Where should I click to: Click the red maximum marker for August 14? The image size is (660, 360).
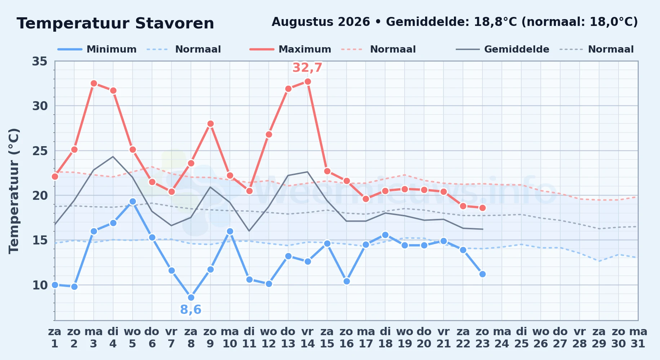click(308, 82)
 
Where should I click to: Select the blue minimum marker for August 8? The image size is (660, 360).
click(191, 297)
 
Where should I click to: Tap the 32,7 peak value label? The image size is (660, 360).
click(307, 68)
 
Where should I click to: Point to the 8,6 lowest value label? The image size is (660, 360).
click(191, 310)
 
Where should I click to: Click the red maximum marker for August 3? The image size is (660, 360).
click(94, 84)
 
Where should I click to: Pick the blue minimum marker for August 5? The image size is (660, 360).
click(133, 202)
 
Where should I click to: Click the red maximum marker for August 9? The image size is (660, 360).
click(210, 124)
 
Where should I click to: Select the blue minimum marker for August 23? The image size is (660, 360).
click(482, 274)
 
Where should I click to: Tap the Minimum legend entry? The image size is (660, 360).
click(97, 49)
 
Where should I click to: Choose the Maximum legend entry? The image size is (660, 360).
click(290, 49)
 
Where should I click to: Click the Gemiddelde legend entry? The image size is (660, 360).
click(503, 49)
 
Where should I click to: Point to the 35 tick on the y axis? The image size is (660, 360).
click(40, 62)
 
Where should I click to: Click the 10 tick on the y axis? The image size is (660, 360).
click(40, 285)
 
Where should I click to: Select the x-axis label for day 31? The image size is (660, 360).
click(638, 338)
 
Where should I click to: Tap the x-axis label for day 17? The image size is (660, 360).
click(366, 338)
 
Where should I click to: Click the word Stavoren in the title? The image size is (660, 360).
click(175, 23)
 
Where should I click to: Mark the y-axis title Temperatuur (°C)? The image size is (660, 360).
click(14, 191)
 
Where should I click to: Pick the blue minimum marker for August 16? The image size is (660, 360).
click(347, 282)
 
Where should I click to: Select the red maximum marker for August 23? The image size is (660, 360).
click(482, 208)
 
